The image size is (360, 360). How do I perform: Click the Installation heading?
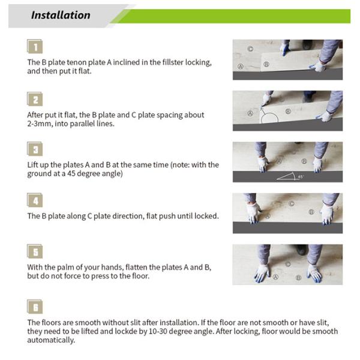click(x=61, y=15)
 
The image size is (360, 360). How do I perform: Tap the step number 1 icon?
click(x=35, y=46)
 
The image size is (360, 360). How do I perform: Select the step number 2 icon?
click(x=35, y=99)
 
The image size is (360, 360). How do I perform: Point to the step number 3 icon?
click(x=35, y=149)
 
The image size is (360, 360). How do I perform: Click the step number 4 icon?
click(x=35, y=200)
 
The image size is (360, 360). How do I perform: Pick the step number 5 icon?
click(x=35, y=251)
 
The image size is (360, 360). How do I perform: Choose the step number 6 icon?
click(x=35, y=307)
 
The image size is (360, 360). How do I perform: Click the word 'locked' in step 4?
click(x=206, y=216)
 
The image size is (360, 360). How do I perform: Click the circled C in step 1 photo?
click(x=250, y=49)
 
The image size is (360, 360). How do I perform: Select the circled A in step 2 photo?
click(x=250, y=113)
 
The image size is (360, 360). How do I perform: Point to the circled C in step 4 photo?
click(x=292, y=203)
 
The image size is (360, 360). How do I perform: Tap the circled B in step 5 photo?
click(x=298, y=277)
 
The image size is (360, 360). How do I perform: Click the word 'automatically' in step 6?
click(x=51, y=340)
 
